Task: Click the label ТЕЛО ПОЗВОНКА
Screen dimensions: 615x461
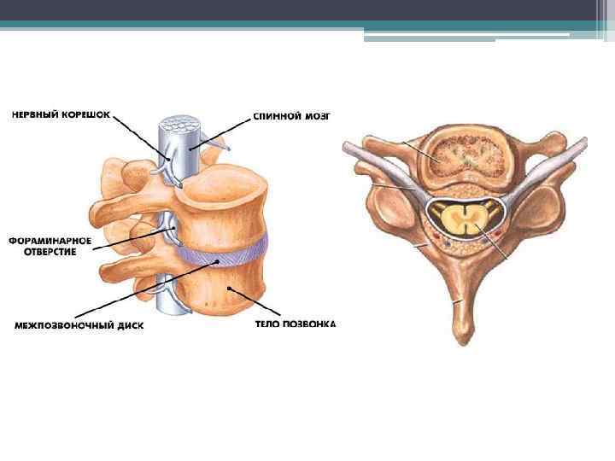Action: pos(296,324)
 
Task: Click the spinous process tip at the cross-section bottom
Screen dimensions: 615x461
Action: pos(462,329)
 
